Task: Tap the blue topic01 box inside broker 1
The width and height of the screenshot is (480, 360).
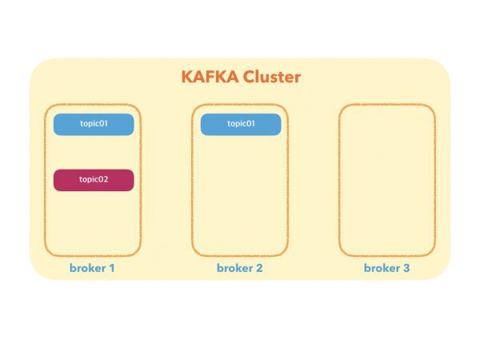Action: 94,124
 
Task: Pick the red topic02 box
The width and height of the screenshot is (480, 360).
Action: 94,180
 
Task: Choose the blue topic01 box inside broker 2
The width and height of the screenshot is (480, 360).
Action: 240,124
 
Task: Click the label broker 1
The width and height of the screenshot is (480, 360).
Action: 93,268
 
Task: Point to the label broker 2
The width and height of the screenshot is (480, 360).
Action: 239,268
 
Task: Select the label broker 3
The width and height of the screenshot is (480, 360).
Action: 386,268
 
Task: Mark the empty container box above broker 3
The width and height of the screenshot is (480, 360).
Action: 387,179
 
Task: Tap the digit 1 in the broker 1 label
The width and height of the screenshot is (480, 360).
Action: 112,268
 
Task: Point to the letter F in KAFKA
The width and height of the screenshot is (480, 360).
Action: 211,78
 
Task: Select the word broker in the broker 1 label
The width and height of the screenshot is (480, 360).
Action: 87,268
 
